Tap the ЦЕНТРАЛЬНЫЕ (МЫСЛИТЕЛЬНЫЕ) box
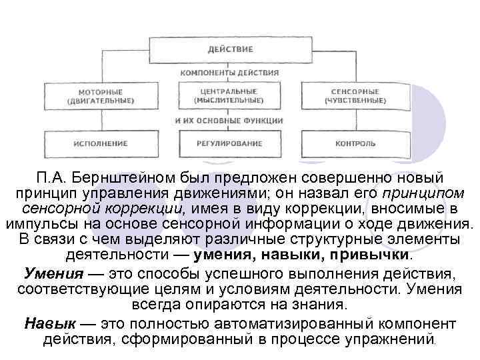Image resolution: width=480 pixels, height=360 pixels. point(229,95)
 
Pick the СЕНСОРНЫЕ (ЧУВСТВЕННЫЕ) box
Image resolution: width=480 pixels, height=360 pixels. point(355,95)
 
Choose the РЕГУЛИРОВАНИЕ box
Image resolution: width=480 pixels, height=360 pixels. point(229,143)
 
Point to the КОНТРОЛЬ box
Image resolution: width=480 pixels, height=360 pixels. point(355,143)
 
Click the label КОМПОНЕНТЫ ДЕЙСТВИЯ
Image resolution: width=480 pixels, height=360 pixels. point(229,72)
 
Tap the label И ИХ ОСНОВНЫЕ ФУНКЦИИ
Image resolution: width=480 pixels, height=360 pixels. point(229,121)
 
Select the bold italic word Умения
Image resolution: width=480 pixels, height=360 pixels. point(53,274)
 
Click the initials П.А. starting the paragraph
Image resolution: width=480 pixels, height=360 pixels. point(53,178)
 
